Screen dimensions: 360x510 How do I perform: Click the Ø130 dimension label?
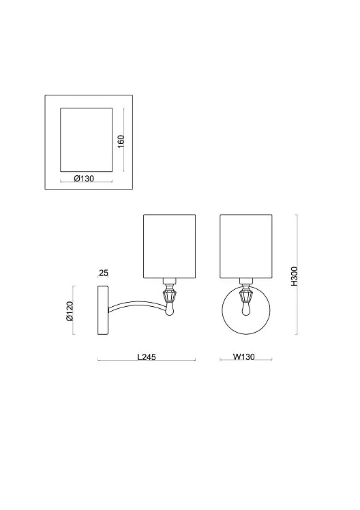coord(84,179)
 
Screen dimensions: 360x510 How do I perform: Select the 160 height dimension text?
coord(121,141)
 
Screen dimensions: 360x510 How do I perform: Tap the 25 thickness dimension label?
coord(104,273)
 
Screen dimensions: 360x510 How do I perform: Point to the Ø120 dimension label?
coord(70,312)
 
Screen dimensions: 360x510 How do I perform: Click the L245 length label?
coord(147,357)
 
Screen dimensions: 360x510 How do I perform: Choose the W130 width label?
coord(244,357)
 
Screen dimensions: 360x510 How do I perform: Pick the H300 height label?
coord(294,276)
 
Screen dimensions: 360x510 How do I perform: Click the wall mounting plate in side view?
coord(103,310)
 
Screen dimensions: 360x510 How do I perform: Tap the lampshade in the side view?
coord(169,246)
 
